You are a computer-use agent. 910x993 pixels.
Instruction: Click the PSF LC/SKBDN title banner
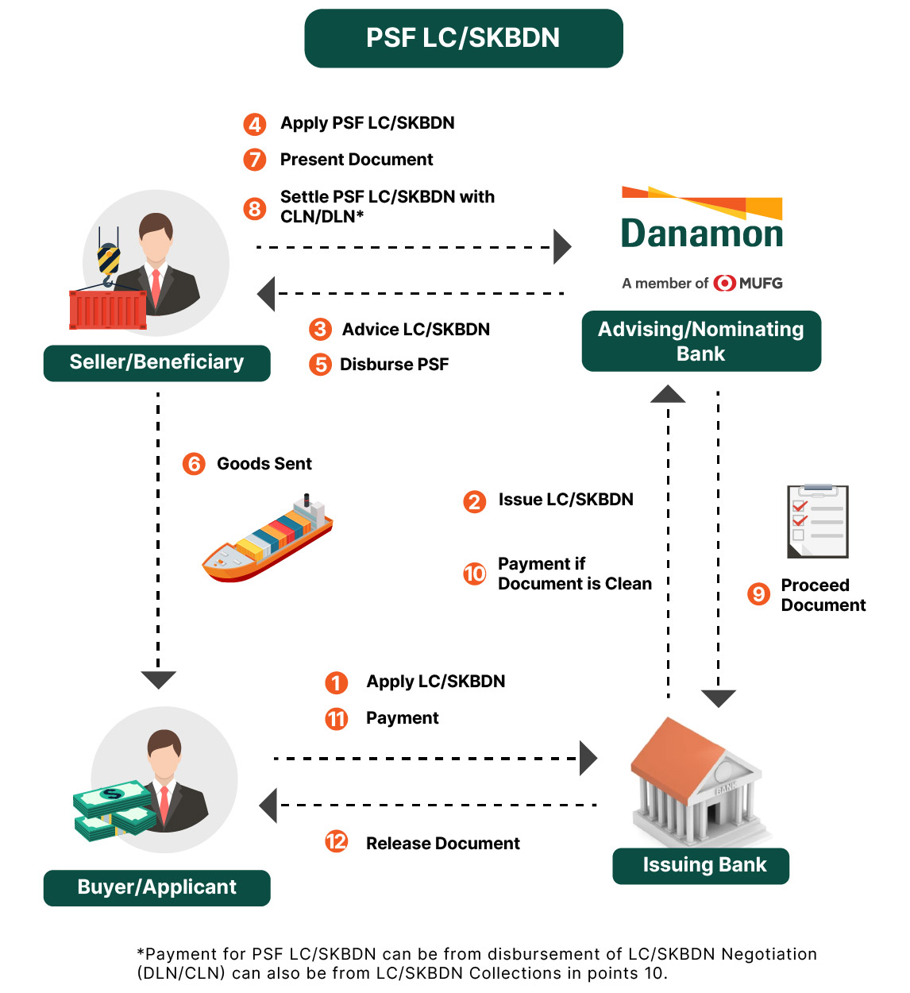(x=463, y=38)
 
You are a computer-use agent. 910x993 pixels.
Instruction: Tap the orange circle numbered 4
(x=254, y=124)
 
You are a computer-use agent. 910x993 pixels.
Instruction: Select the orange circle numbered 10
(x=474, y=574)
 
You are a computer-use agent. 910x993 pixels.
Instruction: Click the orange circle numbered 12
(x=336, y=842)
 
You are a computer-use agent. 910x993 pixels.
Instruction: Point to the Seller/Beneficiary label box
(x=157, y=363)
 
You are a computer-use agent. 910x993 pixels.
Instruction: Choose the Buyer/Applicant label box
(x=157, y=887)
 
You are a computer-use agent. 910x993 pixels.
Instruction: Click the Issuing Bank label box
(x=700, y=866)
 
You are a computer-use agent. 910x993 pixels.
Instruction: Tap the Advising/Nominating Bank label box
(x=701, y=341)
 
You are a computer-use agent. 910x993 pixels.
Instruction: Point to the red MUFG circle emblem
(x=724, y=283)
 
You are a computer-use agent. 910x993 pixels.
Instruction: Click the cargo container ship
(x=268, y=538)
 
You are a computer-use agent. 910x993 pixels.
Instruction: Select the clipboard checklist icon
(x=817, y=521)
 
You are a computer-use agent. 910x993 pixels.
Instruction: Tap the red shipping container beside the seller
(x=108, y=310)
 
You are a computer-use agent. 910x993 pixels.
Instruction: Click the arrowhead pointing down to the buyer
(x=158, y=680)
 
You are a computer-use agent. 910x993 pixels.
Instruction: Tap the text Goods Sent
(x=264, y=464)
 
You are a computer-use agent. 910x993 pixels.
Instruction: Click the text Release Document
(x=443, y=843)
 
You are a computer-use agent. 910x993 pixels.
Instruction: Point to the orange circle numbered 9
(x=758, y=593)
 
